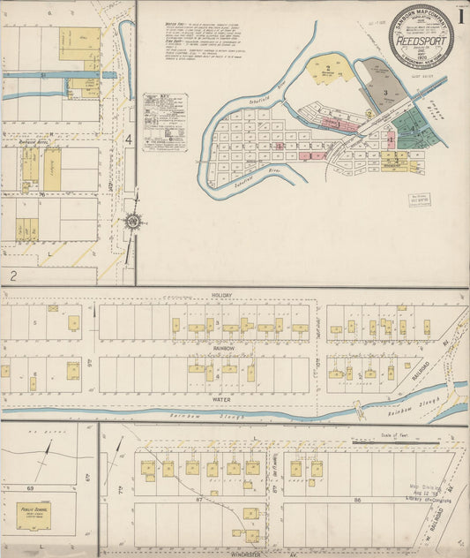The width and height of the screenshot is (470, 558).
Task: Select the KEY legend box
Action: pyautogui.click(x=165, y=120)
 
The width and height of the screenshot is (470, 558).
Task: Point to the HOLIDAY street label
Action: pyautogui.click(x=221, y=295)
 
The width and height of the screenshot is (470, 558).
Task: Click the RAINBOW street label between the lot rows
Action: pyautogui.click(x=222, y=348)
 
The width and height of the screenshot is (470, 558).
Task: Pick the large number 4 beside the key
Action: pyautogui.click(x=128, y=139)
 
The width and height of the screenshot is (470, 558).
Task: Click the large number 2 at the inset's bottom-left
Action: pyautogui.click(x=13, y=275)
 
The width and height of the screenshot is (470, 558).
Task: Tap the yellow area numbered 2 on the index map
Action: pyautogui.click(x=327, y=68)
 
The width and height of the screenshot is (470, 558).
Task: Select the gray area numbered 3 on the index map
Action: pyautogui.click(x=384, y=92)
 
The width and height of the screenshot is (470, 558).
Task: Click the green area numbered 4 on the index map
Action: pyautogui.click(x=411, y=124)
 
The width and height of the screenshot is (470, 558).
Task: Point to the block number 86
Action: pyautogui.click(x=359, y=500)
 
